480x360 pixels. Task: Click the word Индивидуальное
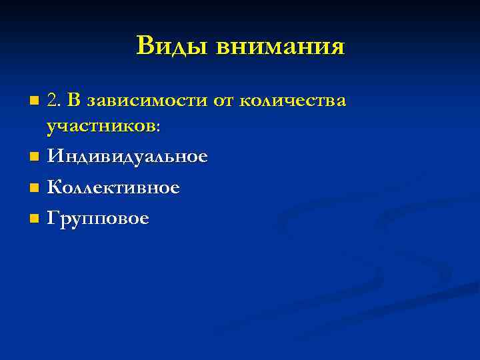(x=127, y=157)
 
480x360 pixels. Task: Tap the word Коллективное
(x=113, y=188)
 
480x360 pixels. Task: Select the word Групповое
(x=98, y=219)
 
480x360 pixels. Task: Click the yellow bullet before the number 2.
(x=35, y=101)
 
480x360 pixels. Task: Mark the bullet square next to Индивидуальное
(x=35, y=158)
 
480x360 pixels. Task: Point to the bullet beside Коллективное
(x=35, y=189)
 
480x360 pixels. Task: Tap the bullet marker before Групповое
(x=35, y=219)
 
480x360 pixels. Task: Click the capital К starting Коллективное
(x=54, y=188)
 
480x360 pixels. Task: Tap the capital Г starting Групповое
(x=53, y=218)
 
